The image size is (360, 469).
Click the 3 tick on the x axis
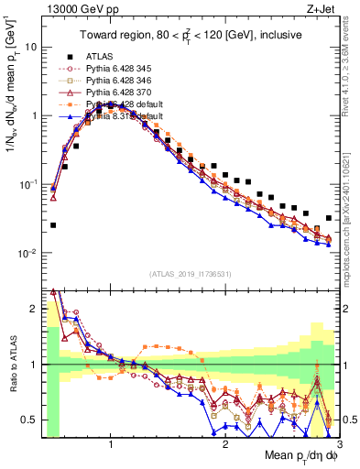click(339, 443)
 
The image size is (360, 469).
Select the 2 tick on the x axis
click(225, 443)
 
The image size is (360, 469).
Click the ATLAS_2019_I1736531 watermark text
click(191, 273)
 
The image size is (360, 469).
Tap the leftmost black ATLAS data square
click(53, 224)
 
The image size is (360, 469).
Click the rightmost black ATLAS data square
click(329, 218)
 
